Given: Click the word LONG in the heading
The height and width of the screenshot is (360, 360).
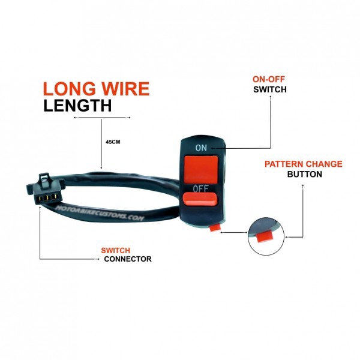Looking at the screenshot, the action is (69, 89).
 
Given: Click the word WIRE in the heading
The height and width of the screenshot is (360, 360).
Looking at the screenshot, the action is (126, 89).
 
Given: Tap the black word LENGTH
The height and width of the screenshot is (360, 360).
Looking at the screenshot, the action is (77, 106).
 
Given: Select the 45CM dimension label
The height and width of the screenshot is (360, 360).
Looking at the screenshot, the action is (113, 142).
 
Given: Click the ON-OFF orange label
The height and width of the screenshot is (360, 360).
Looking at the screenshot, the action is (269, 79).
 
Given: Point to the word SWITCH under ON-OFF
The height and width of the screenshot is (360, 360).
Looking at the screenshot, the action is (270, 89).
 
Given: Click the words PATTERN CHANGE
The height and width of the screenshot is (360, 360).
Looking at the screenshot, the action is (304, 164).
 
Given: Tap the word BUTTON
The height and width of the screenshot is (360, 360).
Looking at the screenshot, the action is (304, 174).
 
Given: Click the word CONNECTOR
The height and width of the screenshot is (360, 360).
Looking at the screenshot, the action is (128, 259).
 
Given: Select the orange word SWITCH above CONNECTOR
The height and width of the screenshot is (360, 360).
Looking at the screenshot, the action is (115, 250).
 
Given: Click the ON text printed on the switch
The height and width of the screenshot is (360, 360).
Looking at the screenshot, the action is (201, 148).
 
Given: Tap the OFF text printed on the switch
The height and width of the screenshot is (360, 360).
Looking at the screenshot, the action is (200, 189).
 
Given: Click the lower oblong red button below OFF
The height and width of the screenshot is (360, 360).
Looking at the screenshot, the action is (200, 199).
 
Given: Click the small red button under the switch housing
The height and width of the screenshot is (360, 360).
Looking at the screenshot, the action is (215, 228).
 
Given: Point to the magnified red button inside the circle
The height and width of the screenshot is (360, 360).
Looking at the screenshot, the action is (265, 237).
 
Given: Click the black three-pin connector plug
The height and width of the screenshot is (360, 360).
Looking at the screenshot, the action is (46, 190).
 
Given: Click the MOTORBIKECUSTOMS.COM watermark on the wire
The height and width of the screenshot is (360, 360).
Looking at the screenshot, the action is (100, 213).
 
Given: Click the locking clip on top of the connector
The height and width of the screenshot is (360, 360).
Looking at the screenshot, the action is (44, 178).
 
